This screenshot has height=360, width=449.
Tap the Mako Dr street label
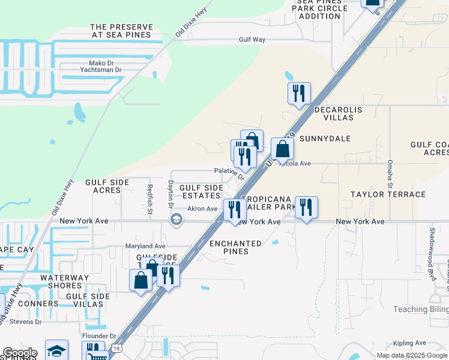point(94,62)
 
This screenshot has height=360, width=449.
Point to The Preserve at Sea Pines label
point(122,31)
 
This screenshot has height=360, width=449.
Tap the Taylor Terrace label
point(388,194)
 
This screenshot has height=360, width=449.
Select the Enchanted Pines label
point(236,247)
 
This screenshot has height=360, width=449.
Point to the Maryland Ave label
point(145,246)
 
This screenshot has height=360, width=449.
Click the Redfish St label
point(149,199)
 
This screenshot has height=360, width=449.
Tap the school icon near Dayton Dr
point(176,220)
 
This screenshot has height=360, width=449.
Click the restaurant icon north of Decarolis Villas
point(298,94)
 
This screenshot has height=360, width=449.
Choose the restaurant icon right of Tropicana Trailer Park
point(306,208)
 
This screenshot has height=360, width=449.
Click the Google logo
point(19,353)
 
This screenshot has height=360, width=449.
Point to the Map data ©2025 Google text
point(412,355)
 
